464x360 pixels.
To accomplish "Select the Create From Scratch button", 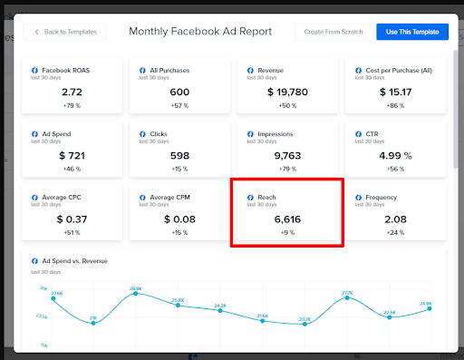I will pyautogui.click(x=333, y=32).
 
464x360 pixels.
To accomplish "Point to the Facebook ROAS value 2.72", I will pyautogui.click(x=72, y=92).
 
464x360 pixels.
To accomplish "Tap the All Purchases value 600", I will pyautogui.click(x=179, y=92).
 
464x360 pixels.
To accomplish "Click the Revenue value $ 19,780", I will pyautogui.click(x=288, y=92).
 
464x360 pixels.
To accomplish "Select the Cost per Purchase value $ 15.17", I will pyautogui.click(x=396, y=92).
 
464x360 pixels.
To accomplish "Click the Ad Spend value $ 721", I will pyautogui.click(x=72, y=155).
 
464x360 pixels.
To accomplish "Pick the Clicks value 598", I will pyautogui.click(x=179, y=155).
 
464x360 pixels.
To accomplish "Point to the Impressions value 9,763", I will pyautogui.click(x=288, y=155).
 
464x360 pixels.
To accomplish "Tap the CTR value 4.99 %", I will pyautogui.click(x=396, y=155).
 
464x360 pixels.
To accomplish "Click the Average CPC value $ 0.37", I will pyautogui.click(x=72, y=219).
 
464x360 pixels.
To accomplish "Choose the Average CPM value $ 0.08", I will pyautogui.click(x=179, y=219).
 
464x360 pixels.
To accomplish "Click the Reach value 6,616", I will pyautogui.click(x=288, y=219).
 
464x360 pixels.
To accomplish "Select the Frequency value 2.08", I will pyautogui.click(x=396, y=219).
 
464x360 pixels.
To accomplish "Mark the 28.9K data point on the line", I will pyautogui.click(x=136, y=294).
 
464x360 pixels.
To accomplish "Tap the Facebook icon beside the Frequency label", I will pyautogui.click(x=359, y=196).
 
